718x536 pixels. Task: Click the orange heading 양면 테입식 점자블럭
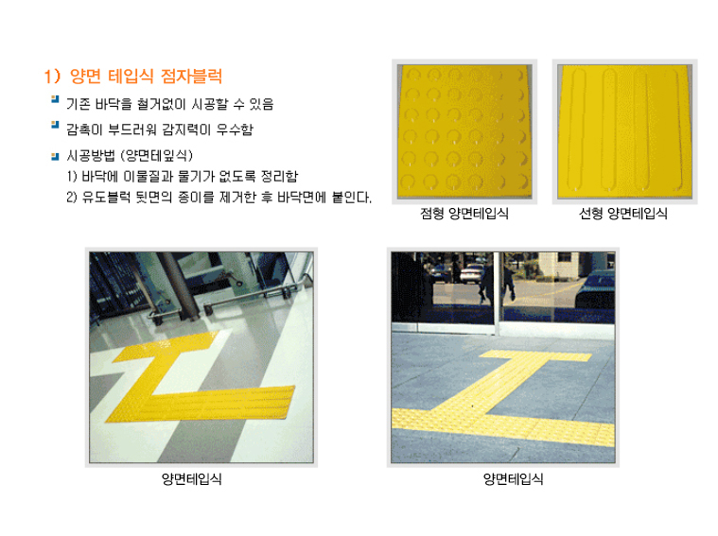146,76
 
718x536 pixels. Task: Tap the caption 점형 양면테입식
464,214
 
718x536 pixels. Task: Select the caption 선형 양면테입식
623,214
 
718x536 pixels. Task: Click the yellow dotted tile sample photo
464,131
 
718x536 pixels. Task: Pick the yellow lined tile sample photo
624,131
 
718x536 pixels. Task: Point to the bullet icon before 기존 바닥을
55,99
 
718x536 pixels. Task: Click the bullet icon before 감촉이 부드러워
55,125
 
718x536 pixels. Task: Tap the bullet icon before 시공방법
55,157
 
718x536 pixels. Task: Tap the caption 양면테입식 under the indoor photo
192,479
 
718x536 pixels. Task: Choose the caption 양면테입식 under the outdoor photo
514,479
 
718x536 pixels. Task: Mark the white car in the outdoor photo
472,274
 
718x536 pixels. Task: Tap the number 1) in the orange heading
53,76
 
